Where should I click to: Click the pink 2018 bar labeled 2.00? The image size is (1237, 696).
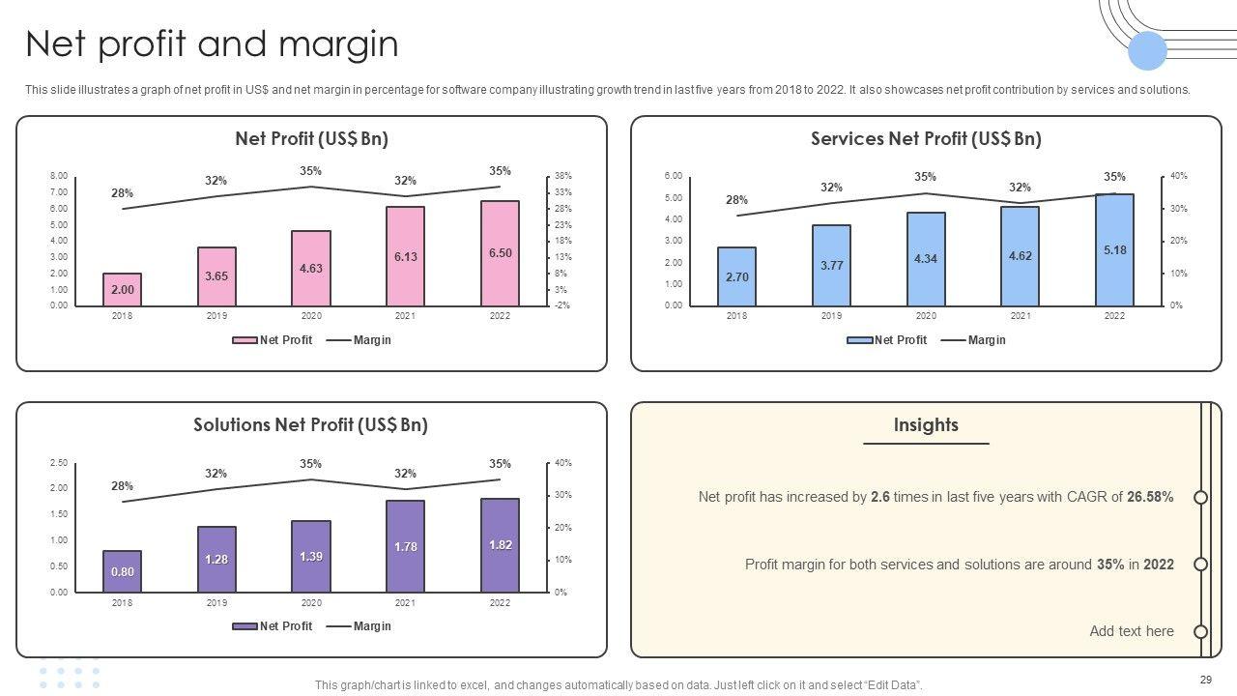pos(122,289)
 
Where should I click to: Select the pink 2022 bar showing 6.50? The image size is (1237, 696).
pos(500,253)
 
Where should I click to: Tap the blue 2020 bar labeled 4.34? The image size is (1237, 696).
pos(926,258)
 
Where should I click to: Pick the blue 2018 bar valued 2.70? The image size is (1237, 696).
pos(736,276)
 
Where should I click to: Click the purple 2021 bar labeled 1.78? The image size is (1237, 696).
pos(405,546)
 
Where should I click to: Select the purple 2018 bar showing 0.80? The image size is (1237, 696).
pos(122,571)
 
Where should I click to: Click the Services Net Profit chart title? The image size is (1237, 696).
pos(926,139)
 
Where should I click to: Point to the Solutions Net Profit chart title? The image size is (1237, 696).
pos(310,425)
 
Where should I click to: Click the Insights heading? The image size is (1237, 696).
pos(926,425)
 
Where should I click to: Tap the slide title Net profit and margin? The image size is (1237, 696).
pos(212,44)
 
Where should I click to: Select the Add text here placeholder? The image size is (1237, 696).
pos(1132,631)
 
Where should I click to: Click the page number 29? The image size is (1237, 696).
pos(1205,680)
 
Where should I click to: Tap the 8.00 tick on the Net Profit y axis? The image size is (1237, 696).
pos(59,176)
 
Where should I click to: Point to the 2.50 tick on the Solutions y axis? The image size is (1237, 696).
pos(59,463)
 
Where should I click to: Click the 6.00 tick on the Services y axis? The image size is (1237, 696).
pos(674,176)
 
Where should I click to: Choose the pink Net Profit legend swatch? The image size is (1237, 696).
pos(245,340)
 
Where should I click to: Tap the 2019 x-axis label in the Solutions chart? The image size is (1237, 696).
pos(216,603)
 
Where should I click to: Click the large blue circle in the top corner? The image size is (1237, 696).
pos(1147,51)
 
